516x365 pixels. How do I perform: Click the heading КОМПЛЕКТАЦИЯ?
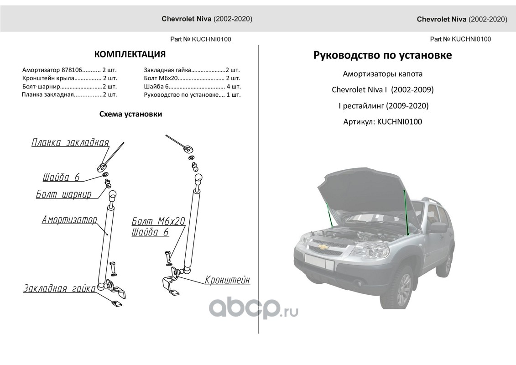(x=130, y=55)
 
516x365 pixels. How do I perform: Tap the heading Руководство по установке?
(x=382, y=55)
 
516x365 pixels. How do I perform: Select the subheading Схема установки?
(x=130, y=114)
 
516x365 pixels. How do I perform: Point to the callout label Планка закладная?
(x=70, y=143)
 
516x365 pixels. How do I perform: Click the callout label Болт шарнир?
(x=63, y=195)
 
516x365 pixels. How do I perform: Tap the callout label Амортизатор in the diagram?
(x=69, y=220)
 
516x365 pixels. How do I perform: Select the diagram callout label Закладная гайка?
(x=60, y=289)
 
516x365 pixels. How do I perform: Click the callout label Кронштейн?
(x=227, y=280)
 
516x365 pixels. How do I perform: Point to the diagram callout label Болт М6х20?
(x=158, y=222)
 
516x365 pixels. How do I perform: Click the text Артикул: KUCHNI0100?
(x=382, y=122)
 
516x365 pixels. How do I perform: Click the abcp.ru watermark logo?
(x=254, y=309)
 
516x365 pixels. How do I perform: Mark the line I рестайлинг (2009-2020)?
(x=382, y=106)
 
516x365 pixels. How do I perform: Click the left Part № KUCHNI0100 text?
(x=201, y=39)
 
